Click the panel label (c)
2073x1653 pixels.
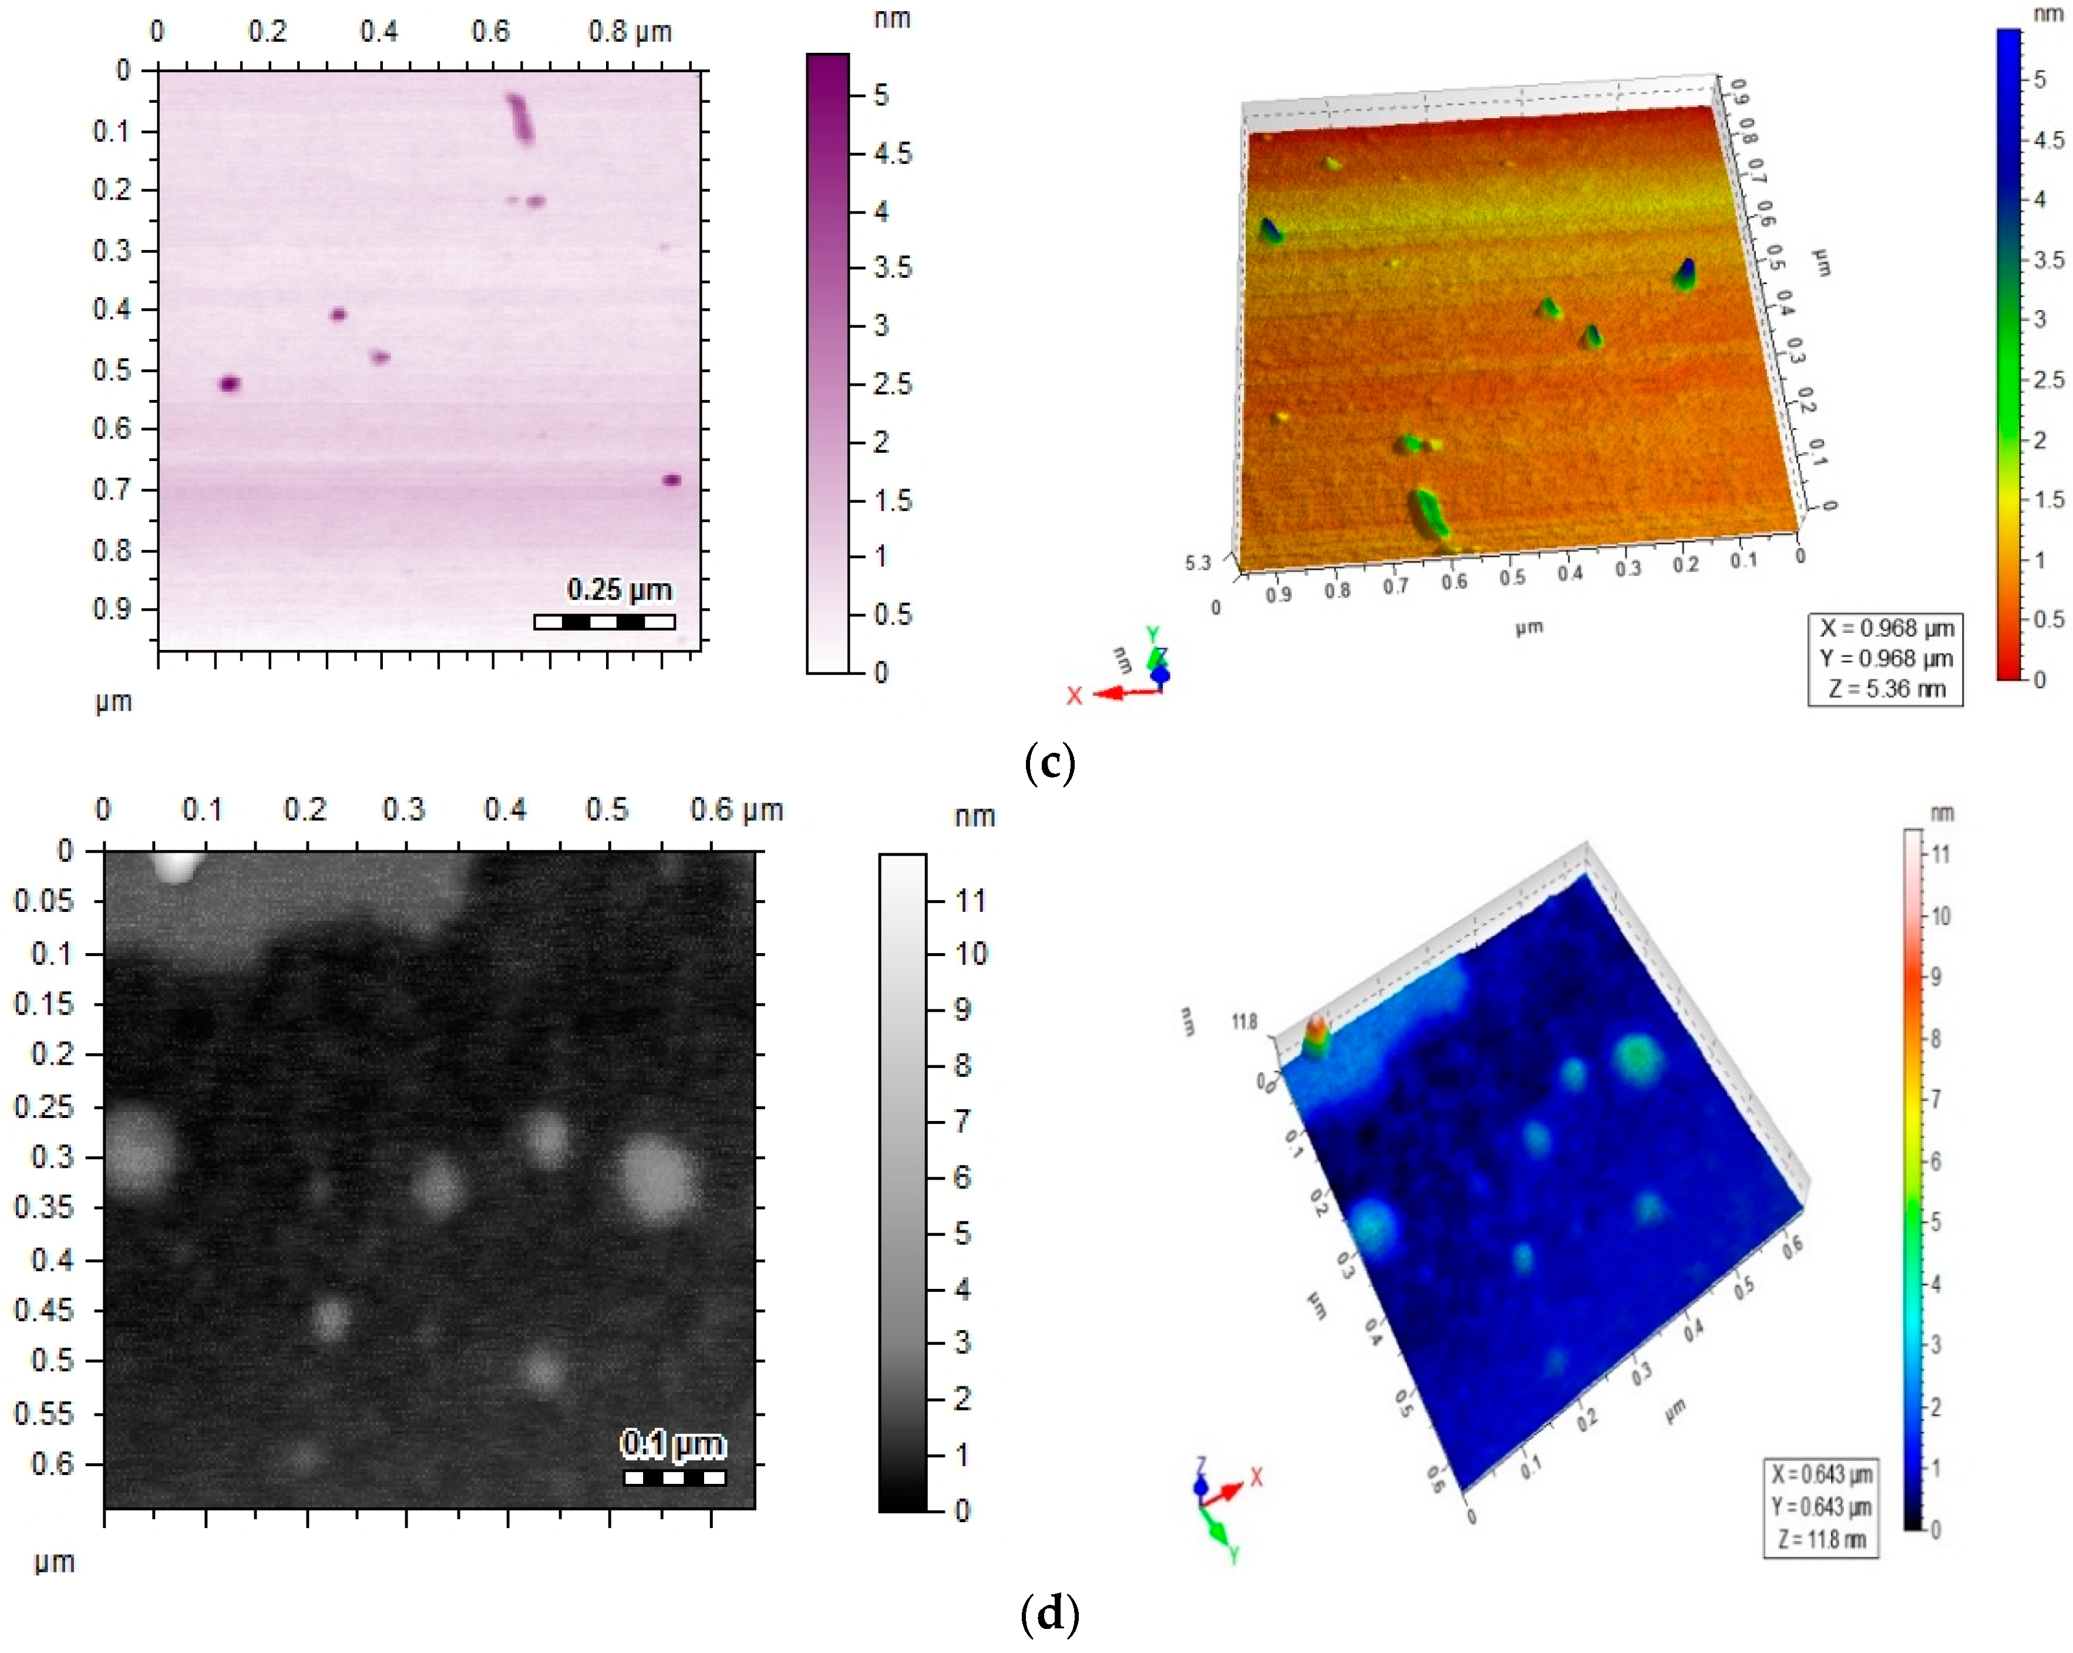point(1049,763)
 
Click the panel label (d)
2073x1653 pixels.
point(1049,1614)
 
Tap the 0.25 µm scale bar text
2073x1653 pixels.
point(618,588)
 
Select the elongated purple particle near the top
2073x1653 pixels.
point(520,117)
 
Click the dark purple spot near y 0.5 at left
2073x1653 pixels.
point(229,383)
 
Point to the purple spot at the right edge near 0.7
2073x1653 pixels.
point(672,480)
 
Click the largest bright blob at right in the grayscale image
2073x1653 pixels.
point(659,1179)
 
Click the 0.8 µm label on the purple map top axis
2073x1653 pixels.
point(629,32)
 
